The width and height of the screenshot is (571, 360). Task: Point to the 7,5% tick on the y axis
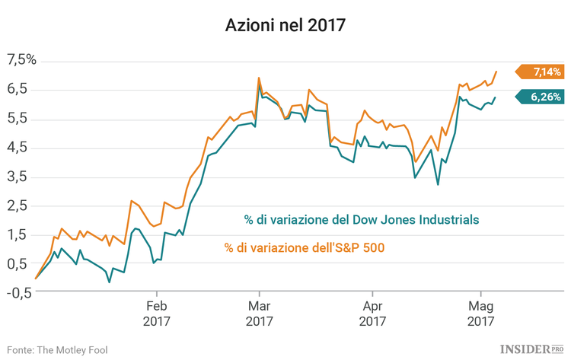tap(21, 59)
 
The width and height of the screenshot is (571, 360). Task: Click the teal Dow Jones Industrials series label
tap(362, 220)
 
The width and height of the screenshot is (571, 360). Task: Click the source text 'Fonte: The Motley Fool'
tap(57, 349)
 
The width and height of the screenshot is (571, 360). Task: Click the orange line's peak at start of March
tap(259, 78)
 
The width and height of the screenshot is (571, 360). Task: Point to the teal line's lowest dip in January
tap(109, 282)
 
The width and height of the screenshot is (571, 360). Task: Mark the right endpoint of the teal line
tap(496, 97)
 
